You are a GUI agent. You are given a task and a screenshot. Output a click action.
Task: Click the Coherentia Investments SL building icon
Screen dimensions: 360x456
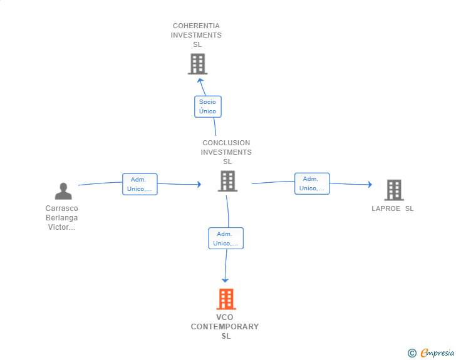point(197,64)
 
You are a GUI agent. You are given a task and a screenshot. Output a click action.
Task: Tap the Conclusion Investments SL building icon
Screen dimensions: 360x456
point(227,181)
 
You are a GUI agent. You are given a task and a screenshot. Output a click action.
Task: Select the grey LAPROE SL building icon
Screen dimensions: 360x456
point(393,190)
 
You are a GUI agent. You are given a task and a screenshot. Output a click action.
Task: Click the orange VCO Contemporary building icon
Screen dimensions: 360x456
point(226,299)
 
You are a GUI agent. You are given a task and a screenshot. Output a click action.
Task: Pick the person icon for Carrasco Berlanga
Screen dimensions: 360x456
point(63,191)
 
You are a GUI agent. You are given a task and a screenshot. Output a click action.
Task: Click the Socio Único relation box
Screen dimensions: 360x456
point(207,106)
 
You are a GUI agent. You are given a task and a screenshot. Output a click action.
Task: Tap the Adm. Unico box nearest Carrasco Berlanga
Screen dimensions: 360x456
point(140,184)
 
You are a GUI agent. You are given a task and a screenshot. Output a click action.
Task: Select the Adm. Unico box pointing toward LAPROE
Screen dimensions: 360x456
point(312,183)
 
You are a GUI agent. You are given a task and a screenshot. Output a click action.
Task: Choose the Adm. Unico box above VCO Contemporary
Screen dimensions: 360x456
point(225,239)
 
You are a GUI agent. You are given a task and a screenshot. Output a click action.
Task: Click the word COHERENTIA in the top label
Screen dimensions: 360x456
point(196,26)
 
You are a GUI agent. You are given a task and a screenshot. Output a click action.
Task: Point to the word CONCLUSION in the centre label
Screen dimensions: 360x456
point(226,143)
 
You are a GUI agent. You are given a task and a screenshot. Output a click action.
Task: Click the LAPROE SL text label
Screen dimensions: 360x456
point(393,208)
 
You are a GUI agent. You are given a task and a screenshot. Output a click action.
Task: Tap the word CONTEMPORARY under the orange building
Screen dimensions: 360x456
point(225,327)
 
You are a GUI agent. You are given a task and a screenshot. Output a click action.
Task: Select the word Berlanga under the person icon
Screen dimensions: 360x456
point(61,218)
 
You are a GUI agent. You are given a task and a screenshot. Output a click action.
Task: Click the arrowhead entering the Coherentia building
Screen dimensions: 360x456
point(200,80)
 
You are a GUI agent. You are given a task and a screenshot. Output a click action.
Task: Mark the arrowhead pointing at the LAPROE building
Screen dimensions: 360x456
point(370,185)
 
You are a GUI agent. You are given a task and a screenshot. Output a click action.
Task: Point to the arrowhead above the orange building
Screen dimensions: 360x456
point(225,280)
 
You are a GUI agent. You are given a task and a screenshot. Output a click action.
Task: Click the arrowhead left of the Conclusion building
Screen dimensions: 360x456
point(199,184)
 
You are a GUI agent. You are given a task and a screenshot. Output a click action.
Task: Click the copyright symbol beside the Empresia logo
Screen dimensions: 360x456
point(412,353)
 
